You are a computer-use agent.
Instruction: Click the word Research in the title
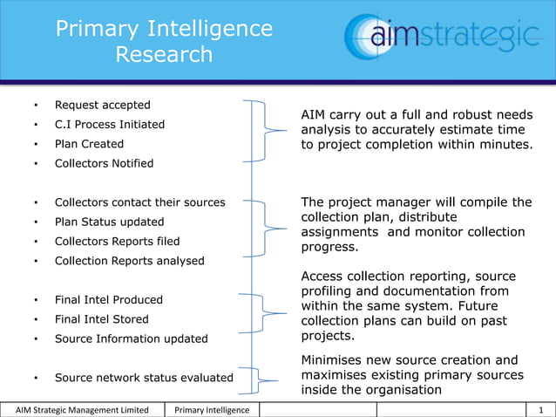[x=164, y=55]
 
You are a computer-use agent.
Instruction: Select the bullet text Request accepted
[x=103, y=105]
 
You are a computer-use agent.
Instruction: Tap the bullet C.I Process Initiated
[x=110, y=124]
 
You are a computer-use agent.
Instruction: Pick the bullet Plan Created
[x=89, y=144]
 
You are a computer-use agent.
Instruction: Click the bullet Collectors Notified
[x=104, y=163]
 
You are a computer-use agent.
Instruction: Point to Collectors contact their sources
[x=139, y=202]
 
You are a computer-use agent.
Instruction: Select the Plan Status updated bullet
[x=108, y=222]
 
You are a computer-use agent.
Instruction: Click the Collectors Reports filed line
[x=117, y=241]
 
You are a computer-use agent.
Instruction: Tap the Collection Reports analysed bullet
[x=130, y=261]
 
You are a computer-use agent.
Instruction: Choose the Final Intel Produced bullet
[x=109, y=299]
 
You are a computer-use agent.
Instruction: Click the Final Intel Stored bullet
[x=102, y=319]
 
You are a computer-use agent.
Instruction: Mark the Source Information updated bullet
[x=131, y=338]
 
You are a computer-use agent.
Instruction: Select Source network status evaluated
[x=144, y=378]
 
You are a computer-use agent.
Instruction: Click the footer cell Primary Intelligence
[x=212, y=410]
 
